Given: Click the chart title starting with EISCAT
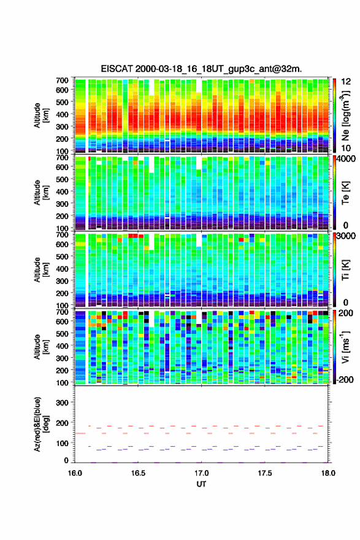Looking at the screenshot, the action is click(201, 69).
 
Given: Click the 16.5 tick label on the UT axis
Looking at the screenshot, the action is click(138, 473).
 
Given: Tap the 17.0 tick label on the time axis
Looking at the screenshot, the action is click(201, 473).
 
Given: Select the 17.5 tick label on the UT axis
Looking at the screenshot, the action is click(265, 473).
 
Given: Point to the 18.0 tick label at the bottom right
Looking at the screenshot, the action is click(328, 473).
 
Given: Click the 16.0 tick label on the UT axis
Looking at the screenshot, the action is click(75, 473).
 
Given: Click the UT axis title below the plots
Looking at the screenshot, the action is click(201, 484).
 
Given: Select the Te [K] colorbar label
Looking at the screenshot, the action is click(345, 193).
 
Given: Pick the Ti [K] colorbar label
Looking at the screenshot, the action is click(345, 270).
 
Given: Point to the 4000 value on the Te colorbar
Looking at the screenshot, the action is click(347, 160).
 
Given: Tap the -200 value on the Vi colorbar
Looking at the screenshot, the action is click(344, 379).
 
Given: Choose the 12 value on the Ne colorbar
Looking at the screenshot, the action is click(346, 82).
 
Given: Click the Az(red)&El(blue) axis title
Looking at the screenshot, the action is click(40, 424).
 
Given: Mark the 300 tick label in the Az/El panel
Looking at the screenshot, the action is click(62, 403).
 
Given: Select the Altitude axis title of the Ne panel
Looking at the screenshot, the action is click(41, 115).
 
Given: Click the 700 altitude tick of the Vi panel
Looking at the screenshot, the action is click(62, 312).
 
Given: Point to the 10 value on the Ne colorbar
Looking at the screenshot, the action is click(346, 148).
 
